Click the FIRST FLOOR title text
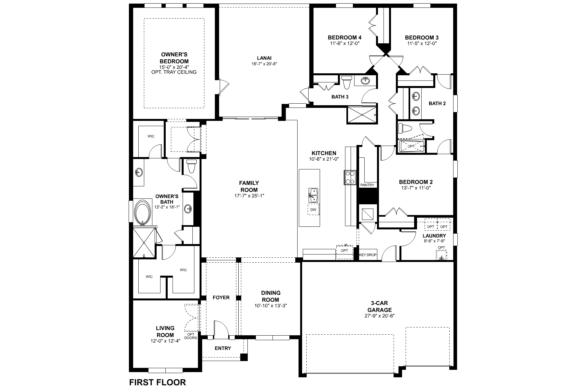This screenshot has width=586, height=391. [x=158, y=382]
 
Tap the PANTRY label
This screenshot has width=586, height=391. [x=367, y=185]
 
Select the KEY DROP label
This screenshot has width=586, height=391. [x=368, y=255]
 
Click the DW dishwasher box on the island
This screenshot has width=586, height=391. [x=313, y=210]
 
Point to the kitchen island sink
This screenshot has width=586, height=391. [x=313, y=195]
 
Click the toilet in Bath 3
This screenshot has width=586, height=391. [x=346, y=82]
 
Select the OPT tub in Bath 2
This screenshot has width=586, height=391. [x=411, y=146]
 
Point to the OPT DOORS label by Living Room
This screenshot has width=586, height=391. [x=190, y=336]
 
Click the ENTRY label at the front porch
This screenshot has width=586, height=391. [x=223, y=348]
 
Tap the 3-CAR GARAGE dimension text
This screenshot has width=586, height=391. [x=380, y=316]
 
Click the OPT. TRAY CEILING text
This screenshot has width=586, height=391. [x=174, y=72]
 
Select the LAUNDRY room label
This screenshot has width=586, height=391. [x=434, y=236]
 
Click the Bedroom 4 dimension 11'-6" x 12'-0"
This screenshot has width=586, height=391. [x=344, y=43]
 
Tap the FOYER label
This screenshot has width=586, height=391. [x=221, y=297]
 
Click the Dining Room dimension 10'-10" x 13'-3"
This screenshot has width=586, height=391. [x=271, y=306]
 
